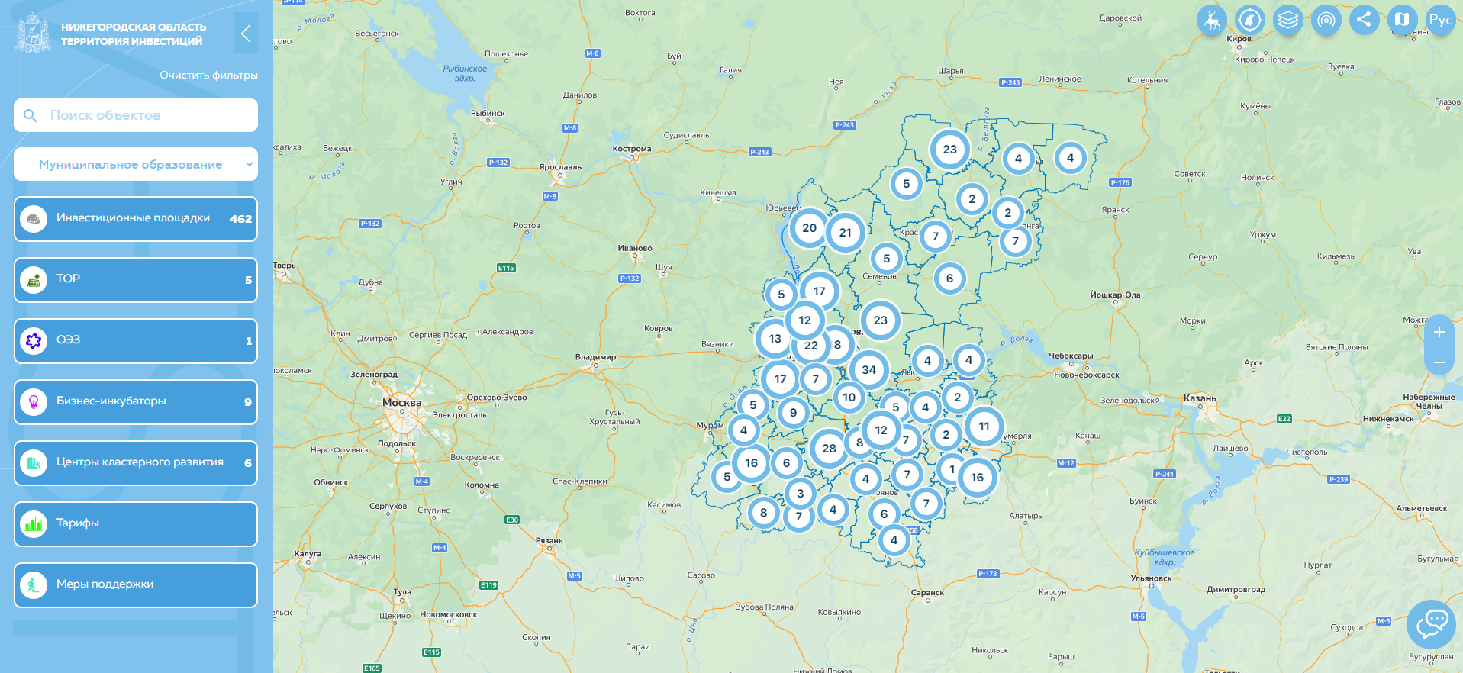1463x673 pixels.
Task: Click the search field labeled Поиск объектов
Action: coord(136,115)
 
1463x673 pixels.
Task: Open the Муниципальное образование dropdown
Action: coord(136,164)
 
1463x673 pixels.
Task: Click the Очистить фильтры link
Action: coord(208,75)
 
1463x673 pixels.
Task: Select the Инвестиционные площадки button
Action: coord(136,219)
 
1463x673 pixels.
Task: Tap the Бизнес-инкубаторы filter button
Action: coord(136,402)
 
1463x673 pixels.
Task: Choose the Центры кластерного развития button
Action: coord(136,463)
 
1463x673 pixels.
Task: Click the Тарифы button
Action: coord(136,524)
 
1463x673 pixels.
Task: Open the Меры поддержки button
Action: coord(136,585)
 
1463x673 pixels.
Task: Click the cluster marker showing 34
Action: coord(868,370)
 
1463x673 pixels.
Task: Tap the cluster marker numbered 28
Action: coord(829,449)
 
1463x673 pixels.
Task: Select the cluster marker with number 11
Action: coord(984,427)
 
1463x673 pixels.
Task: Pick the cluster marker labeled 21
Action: coord(845,233)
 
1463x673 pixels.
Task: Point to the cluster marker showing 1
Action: coord(952,469)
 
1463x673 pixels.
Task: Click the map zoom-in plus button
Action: coord(1439,333)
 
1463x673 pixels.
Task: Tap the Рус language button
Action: coord(1440,20)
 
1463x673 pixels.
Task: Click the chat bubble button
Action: coord(1432,624)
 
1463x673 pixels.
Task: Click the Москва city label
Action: coord(401,403)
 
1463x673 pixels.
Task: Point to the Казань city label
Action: coord(1200,398)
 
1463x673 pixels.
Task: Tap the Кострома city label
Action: coord(632,149)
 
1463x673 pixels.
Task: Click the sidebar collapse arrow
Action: coord(246,34)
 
